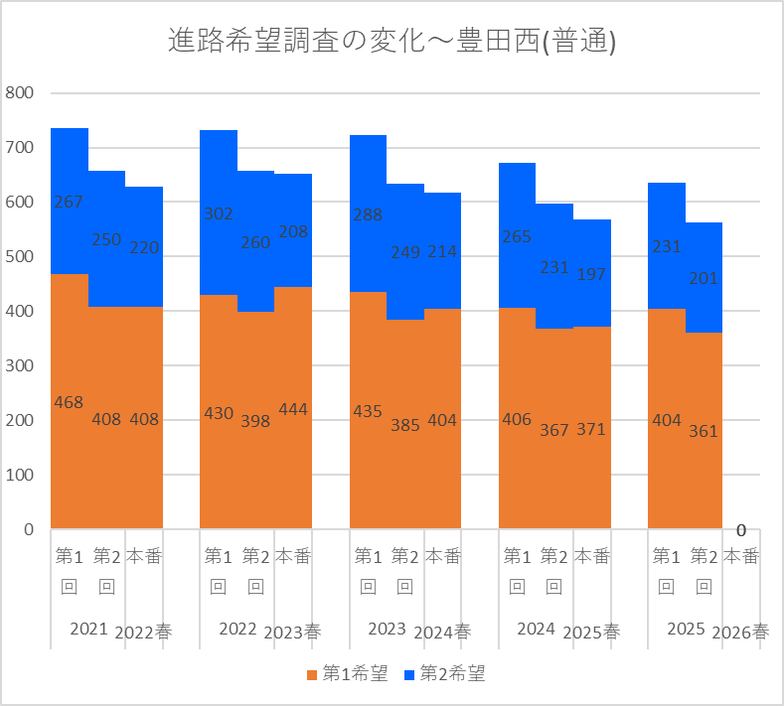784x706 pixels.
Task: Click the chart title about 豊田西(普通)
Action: pos(392,41)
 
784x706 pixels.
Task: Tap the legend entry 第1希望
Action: pos(348,673)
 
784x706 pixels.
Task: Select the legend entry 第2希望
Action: pos(444,673)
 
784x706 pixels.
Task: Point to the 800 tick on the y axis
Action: pos(19,92)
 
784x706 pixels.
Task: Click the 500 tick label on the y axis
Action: pos(19,256)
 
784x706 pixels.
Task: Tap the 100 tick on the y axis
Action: pos(19,475)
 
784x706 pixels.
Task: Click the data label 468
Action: pos(69,402)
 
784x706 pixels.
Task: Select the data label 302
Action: pos(219,213)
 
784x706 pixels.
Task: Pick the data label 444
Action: pos(293,410)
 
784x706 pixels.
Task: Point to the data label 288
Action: pos(368,214)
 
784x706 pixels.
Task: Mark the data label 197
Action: pos(591,274)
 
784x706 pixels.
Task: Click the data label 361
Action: pos(704,431)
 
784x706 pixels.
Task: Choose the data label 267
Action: pos(69,202)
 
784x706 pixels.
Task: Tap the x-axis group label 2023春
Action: pos(292,633)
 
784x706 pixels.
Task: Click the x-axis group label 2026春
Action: pos(740,633)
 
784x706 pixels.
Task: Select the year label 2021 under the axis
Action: pos(89,630)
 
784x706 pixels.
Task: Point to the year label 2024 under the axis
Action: pos(536,630)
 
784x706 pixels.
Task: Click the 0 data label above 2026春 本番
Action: pos(741,530)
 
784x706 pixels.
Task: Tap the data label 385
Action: pos(405,425)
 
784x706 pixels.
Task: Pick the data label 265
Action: pos(517,236)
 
